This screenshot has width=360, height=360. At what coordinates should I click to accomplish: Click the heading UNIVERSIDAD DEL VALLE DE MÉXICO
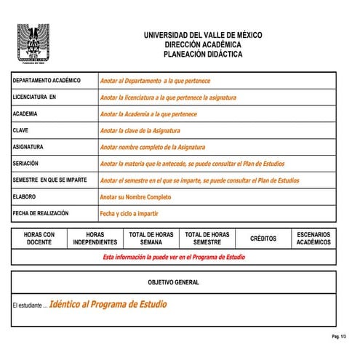[203, 35]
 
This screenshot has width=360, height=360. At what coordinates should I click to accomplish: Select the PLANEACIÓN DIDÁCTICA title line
[203, 54]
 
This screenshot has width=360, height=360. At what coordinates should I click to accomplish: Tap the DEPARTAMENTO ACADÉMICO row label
[47, 81]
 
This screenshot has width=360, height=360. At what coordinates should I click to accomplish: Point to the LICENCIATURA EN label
[34, 97]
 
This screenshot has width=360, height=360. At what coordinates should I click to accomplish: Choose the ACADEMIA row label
[25, 114]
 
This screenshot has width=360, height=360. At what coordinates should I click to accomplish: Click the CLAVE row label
[21, 131]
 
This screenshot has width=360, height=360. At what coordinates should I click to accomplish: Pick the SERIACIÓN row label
[26, 164]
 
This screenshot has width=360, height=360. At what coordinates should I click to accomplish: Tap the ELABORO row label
[25, 197]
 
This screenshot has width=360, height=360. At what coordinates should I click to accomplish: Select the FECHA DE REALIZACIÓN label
[41, 214]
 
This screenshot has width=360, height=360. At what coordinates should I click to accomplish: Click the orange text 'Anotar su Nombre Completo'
[135, 197]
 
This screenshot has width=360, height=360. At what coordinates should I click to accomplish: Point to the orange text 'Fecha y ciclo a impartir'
[129, 214]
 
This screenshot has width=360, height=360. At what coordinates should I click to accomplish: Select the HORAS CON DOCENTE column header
[39, 239]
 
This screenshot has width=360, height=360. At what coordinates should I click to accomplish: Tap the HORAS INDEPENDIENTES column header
[95, 239]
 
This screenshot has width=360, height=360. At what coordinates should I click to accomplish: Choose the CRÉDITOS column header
[263, 239]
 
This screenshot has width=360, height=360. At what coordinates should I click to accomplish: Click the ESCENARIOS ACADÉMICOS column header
[313, 239]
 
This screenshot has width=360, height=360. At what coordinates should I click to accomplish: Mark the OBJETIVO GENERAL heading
[173, 282]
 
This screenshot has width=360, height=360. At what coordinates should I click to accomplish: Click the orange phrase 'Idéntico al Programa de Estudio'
[108, 304]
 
